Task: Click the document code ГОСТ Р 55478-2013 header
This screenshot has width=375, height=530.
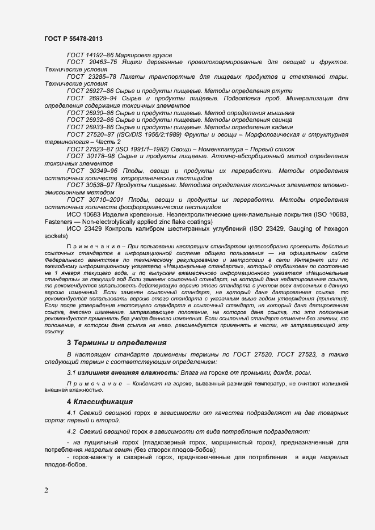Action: click(73, 39)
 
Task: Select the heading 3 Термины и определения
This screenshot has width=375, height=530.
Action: click(116, 342)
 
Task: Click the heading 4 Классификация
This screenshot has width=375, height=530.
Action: click(100, 402)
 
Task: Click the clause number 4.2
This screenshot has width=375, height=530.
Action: click(71, 431)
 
